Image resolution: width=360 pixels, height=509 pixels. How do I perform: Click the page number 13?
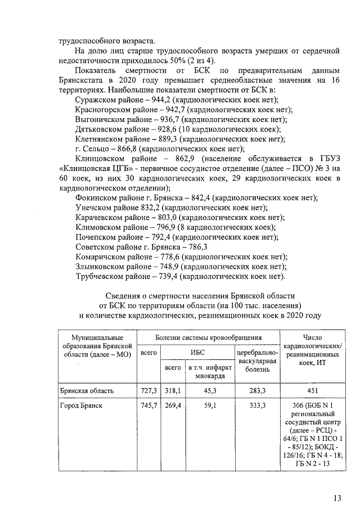tap(337, 498)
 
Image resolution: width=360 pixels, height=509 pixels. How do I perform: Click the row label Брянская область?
tap(87, 390)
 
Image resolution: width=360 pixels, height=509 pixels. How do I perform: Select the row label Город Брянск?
tap(82, 405)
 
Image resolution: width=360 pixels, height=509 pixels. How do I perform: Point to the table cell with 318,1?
tap(172, 390)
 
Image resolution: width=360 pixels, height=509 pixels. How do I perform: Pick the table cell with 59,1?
tap(209, 405)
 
